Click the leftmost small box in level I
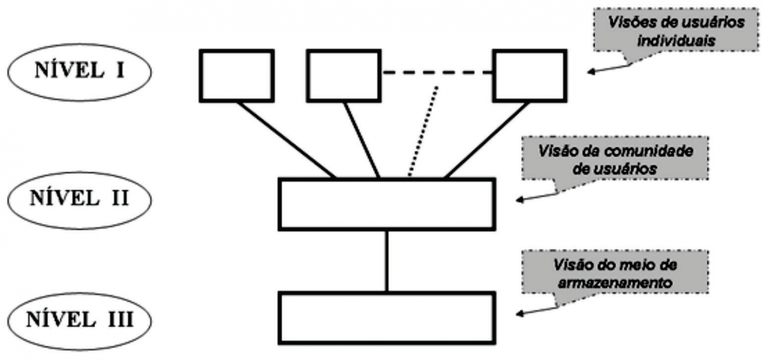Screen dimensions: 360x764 coord(237,75)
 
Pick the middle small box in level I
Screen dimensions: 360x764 coord(344,75)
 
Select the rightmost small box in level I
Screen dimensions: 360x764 coord(530,75)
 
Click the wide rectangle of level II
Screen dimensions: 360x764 coord(387,204)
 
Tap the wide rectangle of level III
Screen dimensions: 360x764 coord(387,318)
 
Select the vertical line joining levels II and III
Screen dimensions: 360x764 coord(387,261)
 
